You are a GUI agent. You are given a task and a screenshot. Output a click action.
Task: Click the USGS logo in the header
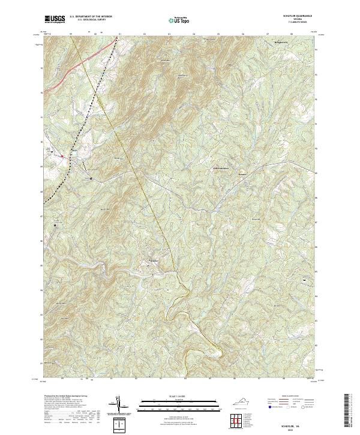[x=55, y=20]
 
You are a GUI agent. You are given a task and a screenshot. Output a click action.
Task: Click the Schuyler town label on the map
[x=154, y=260]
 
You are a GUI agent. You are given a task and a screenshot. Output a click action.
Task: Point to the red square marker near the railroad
[x=62, y=155]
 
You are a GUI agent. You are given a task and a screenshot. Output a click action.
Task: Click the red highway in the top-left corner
[x=72, y=70]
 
